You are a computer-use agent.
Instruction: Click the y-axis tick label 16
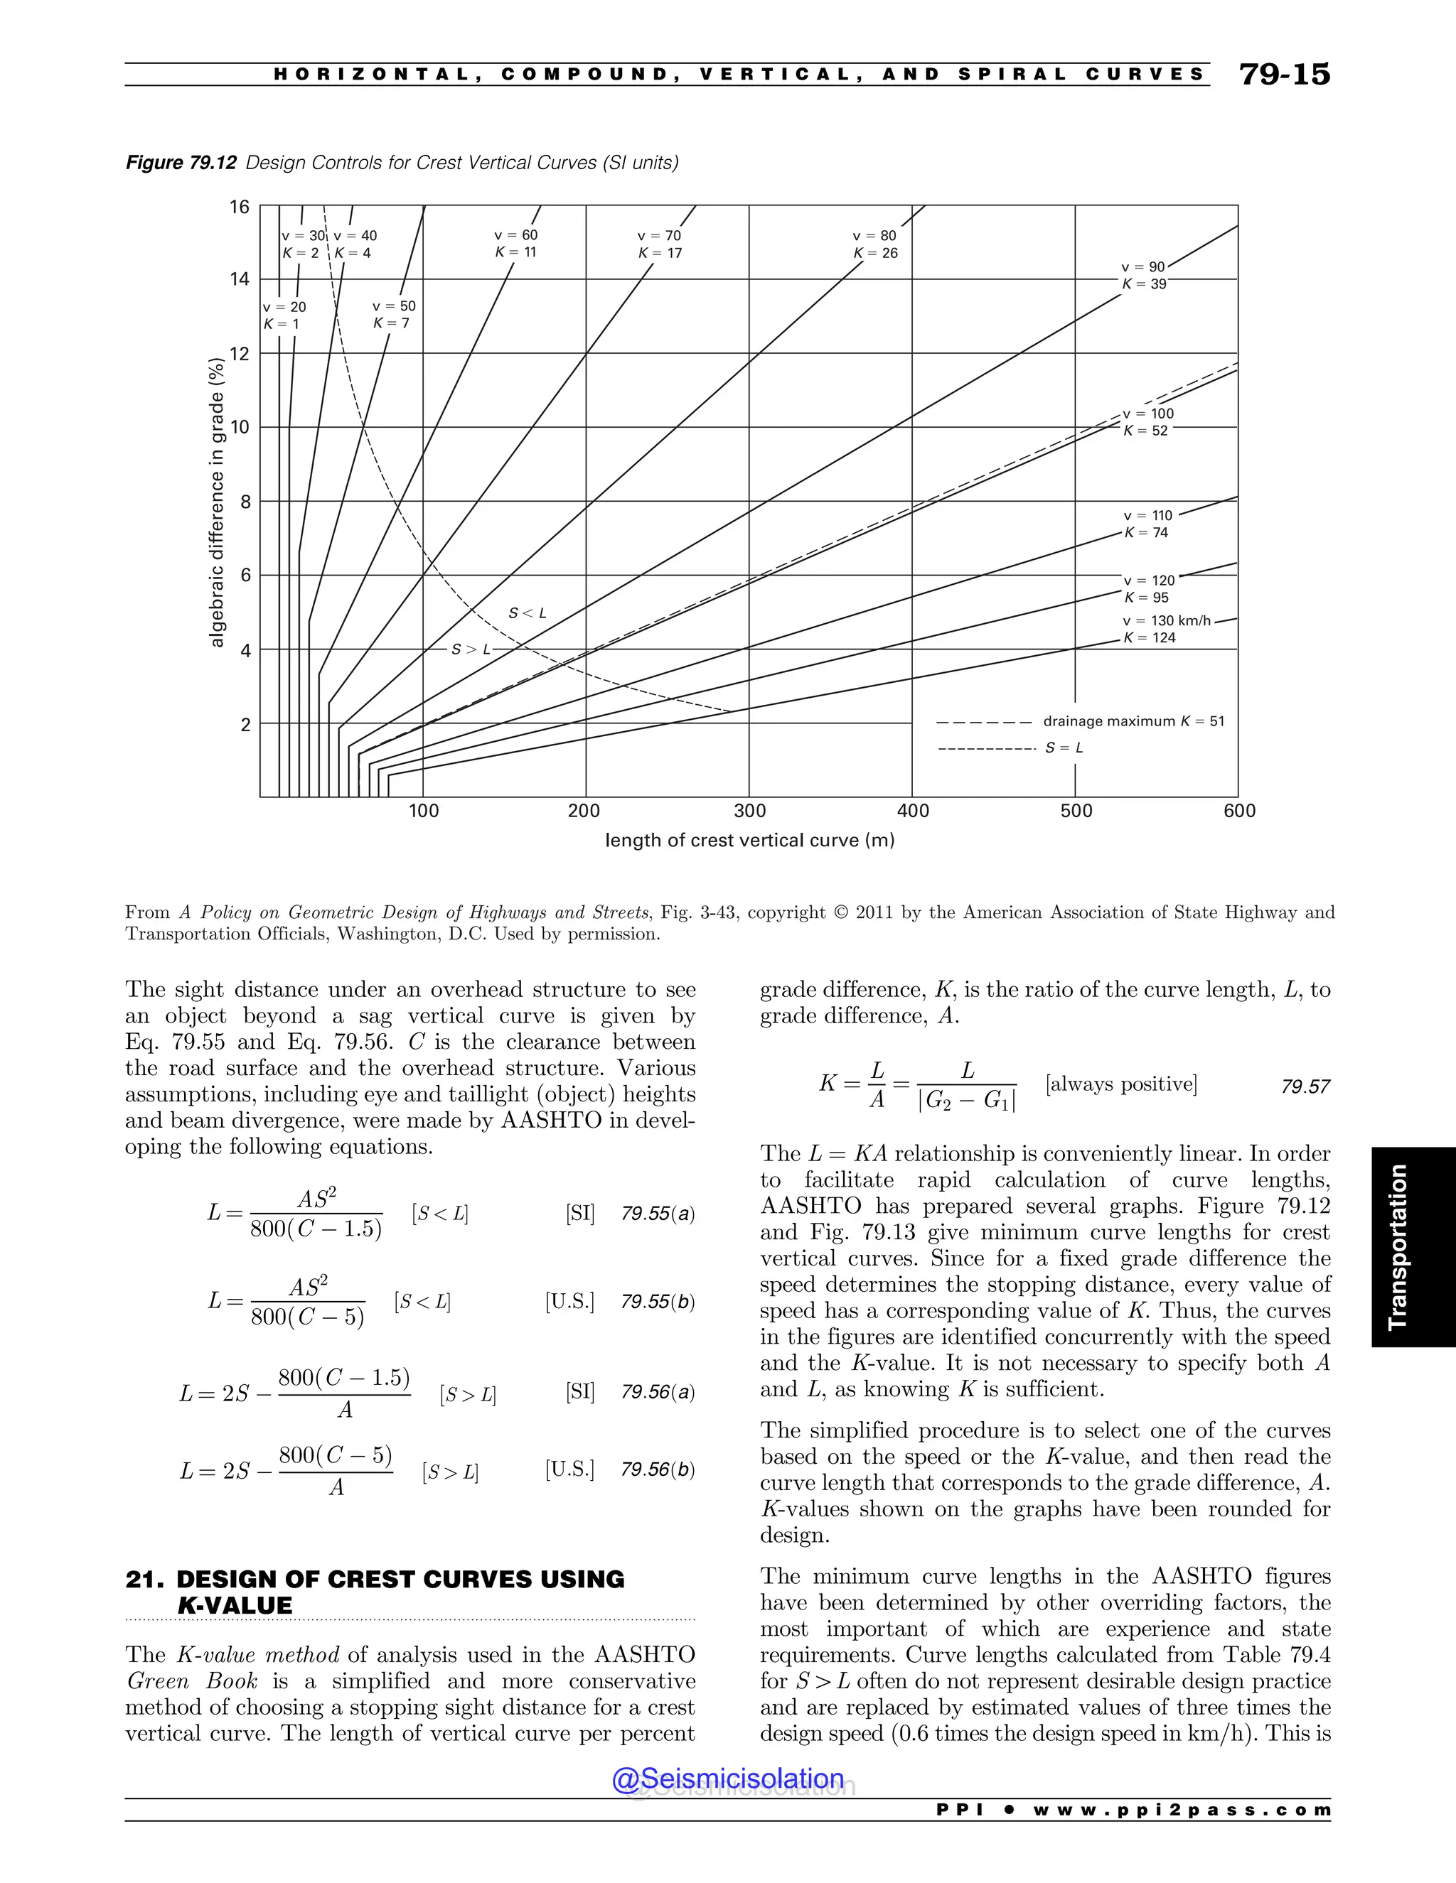click(239, 207)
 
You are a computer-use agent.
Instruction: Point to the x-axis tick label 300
click(749, 811)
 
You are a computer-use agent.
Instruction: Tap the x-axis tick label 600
click(1239, 811)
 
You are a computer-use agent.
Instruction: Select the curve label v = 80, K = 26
click(874, 244)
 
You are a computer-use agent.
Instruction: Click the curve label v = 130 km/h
click(1166, 621)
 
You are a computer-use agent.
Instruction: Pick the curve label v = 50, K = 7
click(393, 315)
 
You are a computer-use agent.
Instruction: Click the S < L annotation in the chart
click(527, 613)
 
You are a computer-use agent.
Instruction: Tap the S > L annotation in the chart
click(471, 649)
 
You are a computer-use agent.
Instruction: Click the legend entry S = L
click(1064, 748)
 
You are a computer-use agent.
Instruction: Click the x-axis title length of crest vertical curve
click(749, 840)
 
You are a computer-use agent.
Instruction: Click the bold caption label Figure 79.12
click(181, 163)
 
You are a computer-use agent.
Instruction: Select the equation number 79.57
click(1305, 1087)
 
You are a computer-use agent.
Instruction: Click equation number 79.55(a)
click(658, 1214)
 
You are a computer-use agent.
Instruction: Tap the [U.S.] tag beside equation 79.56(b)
click(569, 1469)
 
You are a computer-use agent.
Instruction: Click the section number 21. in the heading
click(145, 1580)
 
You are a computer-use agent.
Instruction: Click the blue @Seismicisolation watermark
click(727, 1779)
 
